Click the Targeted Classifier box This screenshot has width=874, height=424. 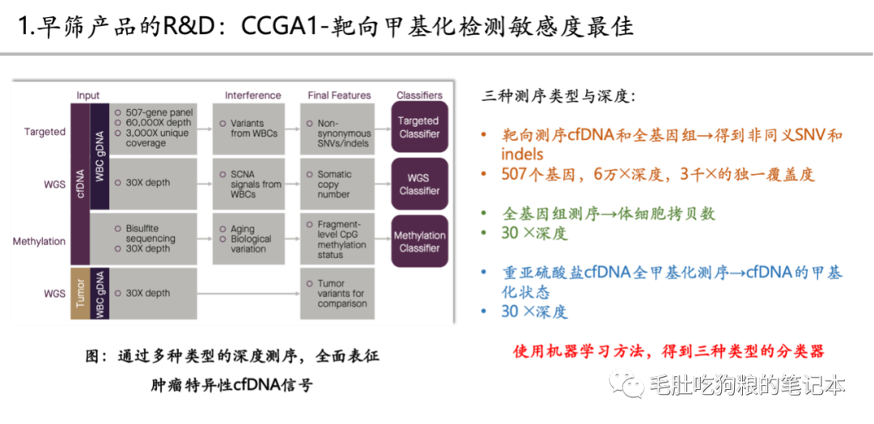419,127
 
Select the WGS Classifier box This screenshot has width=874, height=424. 419,184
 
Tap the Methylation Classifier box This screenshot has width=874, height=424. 419,241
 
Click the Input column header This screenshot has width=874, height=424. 88,95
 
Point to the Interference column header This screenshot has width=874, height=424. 252,95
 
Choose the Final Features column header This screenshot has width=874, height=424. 339,95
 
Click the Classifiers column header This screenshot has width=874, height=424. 419,95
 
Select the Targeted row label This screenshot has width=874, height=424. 45,132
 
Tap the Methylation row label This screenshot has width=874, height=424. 39,241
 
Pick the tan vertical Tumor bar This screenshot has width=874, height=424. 79,293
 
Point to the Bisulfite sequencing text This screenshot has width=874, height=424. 150,234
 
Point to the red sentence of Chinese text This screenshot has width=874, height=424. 668,351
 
